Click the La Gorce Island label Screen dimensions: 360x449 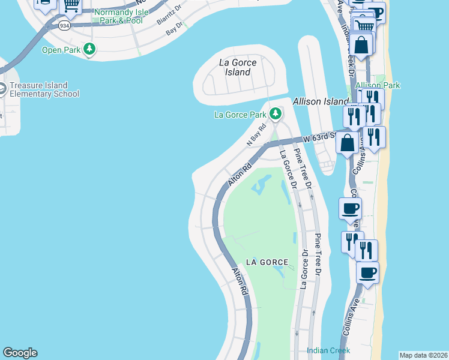tap(238, 67)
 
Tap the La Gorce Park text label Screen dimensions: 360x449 tap(240, 114)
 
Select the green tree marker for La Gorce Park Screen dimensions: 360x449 tap(276, 113)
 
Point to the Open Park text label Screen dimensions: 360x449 tap(60, 49)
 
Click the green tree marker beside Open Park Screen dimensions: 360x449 tap(89, 49)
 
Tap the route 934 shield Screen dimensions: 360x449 tap(64, 26)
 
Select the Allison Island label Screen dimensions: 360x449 tap(321, 102)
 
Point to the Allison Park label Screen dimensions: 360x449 tap(378, 86)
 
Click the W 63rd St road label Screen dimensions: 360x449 tap(318, 139)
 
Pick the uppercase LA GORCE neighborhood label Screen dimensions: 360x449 tap(267, 262)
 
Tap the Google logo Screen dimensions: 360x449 tap(20, 353)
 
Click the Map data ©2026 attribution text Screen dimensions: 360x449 tap(423, 355)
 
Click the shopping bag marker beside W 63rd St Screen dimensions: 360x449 tap(348, 143)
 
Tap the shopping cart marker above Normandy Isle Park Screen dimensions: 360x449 tap(72, 5)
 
